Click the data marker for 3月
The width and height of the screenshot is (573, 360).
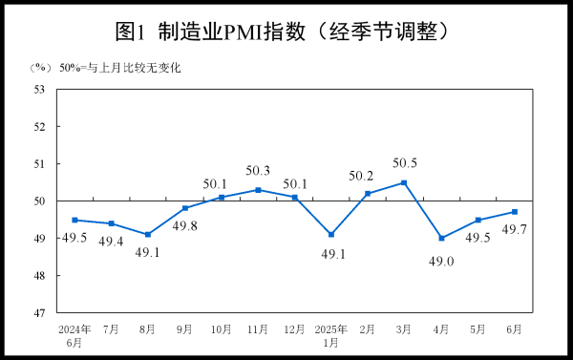point(404,182)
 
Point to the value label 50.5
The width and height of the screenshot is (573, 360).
point(405,162)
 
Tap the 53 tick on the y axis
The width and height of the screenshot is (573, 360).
point(40,89)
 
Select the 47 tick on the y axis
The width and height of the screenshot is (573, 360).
point(40,313)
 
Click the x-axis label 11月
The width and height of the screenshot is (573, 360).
point(258,329)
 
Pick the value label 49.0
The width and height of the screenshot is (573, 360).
point(441,259)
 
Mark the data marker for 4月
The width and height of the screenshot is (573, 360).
point(441,238)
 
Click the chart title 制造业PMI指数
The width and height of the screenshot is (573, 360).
point(283,31)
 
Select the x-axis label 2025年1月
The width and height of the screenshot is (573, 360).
point(330,335)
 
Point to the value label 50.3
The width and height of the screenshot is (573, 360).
point(259,171)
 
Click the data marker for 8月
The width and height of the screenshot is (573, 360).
point(148,235)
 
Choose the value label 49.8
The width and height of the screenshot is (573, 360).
point(184,227)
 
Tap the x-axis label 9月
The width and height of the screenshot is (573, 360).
point(184,329)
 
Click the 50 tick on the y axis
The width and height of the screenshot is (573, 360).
point(40,201)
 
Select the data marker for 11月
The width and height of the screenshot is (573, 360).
point(258,190)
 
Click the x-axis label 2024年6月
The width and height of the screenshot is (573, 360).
point(74,335)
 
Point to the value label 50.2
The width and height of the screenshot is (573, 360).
point(368,175)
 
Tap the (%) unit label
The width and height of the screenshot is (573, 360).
point(39,68)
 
